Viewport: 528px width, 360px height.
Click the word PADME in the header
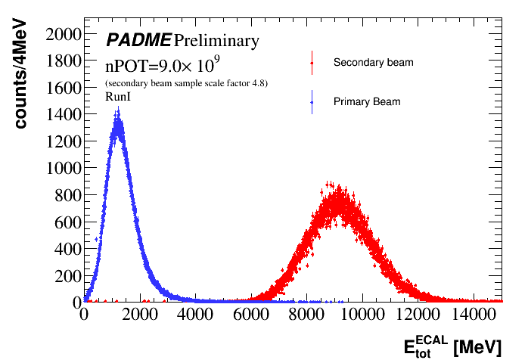point(138,40)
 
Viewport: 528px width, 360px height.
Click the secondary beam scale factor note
point(186,82)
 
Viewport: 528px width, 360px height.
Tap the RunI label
point(119,98)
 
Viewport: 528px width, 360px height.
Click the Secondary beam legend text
point(373,62)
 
